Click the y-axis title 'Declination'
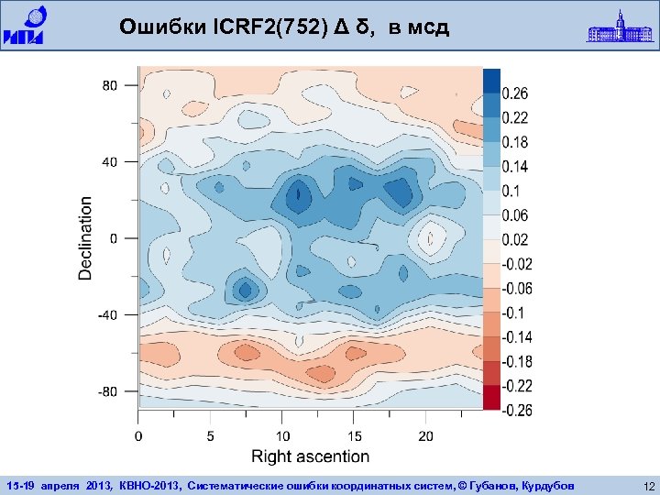[x=86, y=237]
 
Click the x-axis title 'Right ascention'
[x=310, y=456]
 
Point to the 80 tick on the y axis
[x=109, y=85]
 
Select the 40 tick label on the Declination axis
[x=109, y=162]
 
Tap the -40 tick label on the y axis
[x=106, y=314]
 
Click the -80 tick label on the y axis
[x=106, y=391]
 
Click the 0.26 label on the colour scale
[x=514, y=93]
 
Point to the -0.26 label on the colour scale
[x=516, y=410]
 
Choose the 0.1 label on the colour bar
[x=511, y=191]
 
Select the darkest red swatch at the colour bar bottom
[x=491, y=397]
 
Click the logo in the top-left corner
[x=29, y=25]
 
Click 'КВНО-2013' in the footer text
[x=144, y=484]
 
